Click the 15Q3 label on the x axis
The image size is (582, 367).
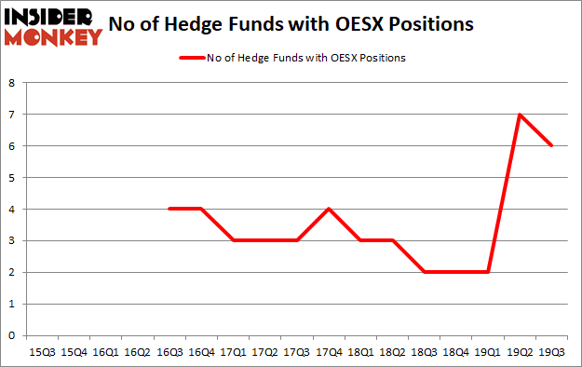click(43, 353)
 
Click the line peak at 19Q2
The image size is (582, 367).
click(519, 115)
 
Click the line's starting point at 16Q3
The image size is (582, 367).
click(169, 209)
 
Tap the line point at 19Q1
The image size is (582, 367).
click(488, 272)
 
